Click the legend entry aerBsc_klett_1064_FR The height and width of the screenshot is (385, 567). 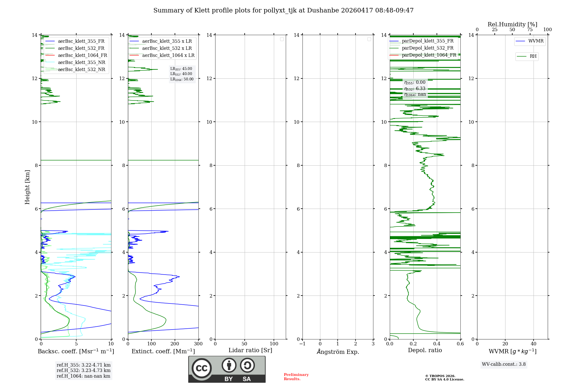coord(82,55)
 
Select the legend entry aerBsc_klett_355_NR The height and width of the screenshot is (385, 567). coord(81,63)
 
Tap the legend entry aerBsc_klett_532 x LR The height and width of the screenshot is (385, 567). coord(167,48)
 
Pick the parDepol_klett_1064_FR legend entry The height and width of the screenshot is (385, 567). coord(429,55)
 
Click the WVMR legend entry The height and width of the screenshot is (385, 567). coord(536,41)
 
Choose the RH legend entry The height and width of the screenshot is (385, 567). coord(533,56)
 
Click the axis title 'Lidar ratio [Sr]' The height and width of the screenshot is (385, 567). coord(250,350)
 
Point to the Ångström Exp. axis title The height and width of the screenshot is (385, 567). coord(338,352)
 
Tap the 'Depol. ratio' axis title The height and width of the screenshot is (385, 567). coord(425,350)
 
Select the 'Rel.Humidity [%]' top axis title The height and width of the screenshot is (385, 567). coord(512,24)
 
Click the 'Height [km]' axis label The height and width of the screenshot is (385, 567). coord(27,187)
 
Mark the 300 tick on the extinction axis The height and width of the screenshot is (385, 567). coord(198,344)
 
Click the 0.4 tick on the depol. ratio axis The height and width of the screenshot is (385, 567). coord(437,344)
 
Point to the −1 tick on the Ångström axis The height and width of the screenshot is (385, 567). coord(302,344)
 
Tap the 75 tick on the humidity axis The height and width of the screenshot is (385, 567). coord(530,30)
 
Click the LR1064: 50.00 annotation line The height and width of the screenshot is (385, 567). coord(182,79)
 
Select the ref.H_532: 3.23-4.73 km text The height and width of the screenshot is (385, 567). coord(83,371)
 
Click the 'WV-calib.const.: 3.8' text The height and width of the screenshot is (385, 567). coord(503,364)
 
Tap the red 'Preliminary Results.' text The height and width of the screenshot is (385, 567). coord(296,377)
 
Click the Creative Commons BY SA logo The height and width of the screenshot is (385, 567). coord(227,369)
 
